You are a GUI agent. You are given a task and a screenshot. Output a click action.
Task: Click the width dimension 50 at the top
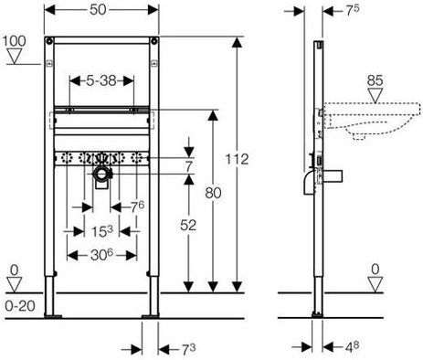[98, 9]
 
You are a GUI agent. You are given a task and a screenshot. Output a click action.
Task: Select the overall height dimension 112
[237, 159]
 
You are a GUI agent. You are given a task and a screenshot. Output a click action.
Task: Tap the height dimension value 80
[213, 193]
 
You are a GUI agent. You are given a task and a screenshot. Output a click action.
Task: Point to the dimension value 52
[188, 226]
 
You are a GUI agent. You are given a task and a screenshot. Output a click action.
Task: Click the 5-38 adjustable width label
[101, 80]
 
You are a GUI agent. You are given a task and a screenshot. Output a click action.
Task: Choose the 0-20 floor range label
[20, 306]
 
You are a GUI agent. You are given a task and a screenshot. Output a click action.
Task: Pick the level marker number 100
[15, 41]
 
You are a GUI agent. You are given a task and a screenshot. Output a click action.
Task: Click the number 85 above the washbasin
[375, 80]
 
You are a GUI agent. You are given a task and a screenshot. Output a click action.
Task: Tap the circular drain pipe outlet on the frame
[101, 174]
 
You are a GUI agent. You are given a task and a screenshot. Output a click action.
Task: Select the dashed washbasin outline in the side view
[373, 121]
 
